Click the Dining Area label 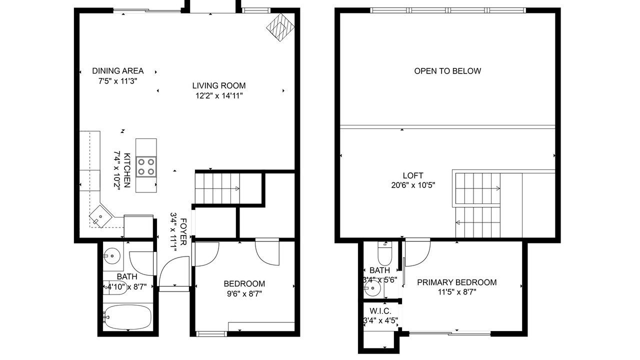click(117, 71)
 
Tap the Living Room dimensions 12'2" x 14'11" click(219, 95)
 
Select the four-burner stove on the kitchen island click(146, 166)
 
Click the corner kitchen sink click(100, 216)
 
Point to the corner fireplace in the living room click(280, 27)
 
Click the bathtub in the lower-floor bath click(127, 317)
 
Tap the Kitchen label click(127, 170)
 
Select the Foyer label click(183, 231)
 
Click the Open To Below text click(447, 71)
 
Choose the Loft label click(413, 175)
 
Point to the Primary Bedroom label click(457, 282)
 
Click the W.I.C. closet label click(380, 311)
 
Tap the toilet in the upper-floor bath click(385, 253)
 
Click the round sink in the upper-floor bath click(373, 289)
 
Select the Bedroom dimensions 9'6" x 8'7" click(244, 293)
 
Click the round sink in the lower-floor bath click(111, 256)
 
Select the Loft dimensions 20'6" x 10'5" click(413, 185)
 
